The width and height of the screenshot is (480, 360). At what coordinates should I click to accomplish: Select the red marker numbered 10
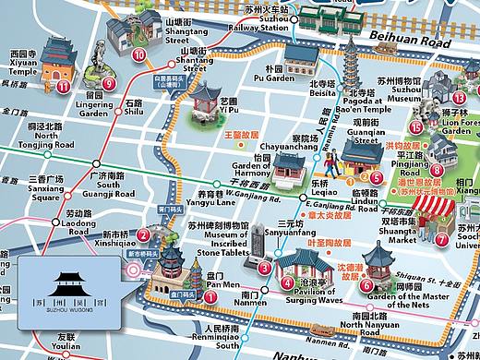[139, 55]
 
